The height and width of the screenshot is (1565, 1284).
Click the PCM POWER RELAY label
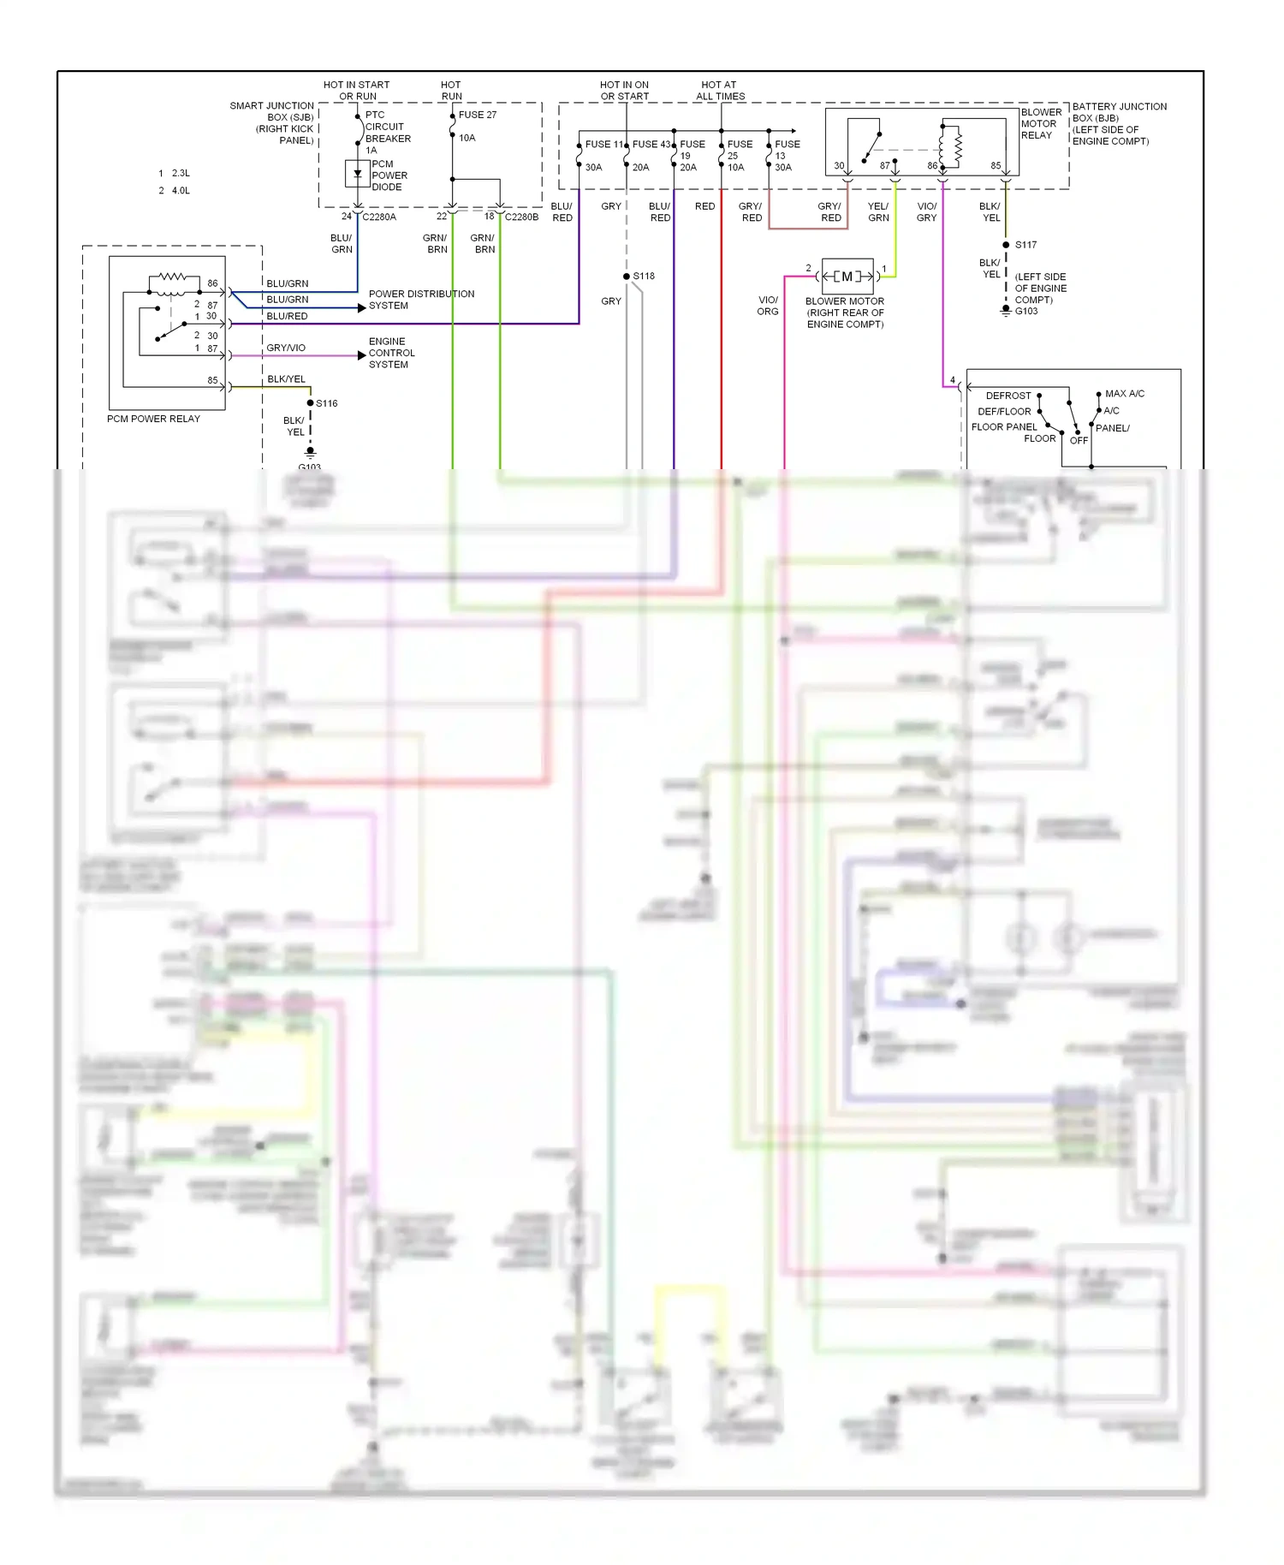pos(153,419)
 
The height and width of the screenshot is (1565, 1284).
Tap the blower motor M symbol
pos(847,277)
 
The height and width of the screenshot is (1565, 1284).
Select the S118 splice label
pos(644,276)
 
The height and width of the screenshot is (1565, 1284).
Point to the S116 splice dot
pos(310,403)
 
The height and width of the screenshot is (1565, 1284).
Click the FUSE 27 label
pos(477,115)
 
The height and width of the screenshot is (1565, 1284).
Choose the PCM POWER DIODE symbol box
pos(357,174)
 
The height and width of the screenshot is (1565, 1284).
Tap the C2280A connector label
pos(379,217)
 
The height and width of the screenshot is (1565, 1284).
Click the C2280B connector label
pos(521,217)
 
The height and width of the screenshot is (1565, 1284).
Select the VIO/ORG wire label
pos(768,306)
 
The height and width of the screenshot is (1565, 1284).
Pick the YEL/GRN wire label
pos(878,212)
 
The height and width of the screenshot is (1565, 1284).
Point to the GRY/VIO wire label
pos(286,348)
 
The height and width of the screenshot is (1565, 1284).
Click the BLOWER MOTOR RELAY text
pos(1041,123)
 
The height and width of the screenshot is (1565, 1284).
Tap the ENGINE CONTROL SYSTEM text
pos(391,353)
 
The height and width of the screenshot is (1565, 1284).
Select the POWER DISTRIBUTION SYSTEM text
pos(421,300)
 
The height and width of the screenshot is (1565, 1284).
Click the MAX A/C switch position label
pos(1124,394)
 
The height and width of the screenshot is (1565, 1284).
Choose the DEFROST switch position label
pos(1008,396)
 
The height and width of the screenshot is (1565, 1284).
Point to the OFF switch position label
pos(1079,440)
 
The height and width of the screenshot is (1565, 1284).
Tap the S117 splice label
pos(1025,245)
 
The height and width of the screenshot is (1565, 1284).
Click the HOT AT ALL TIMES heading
pos(720,91)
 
